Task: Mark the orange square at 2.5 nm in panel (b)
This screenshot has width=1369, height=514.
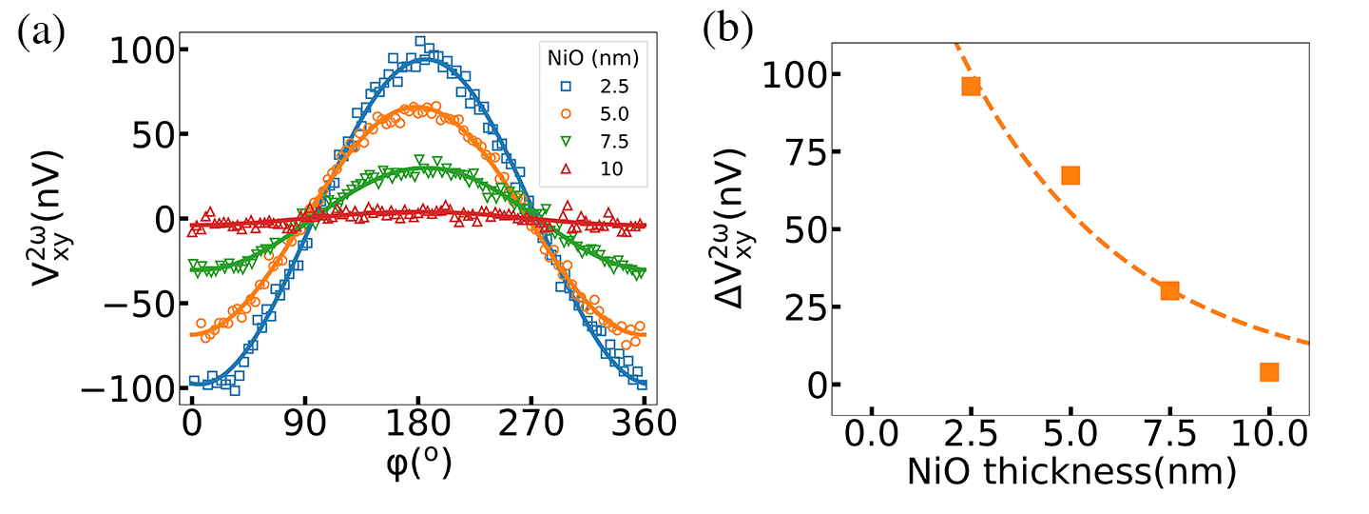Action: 971,86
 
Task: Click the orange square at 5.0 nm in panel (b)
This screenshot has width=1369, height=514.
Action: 1070,175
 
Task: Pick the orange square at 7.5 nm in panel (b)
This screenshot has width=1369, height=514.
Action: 1169,290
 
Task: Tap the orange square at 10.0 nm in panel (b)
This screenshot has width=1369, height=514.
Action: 1268,372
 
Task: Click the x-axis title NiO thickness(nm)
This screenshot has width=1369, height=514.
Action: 1070,472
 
